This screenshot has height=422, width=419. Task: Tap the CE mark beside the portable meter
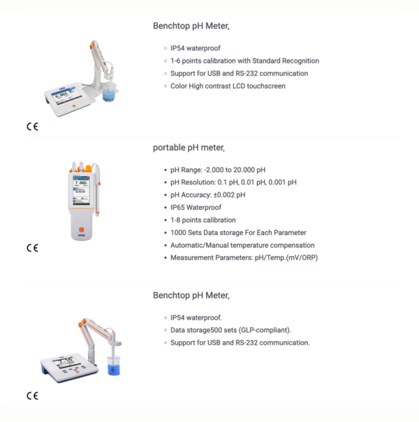coord(32,248)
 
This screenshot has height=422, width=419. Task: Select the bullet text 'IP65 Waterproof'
coord(196,207)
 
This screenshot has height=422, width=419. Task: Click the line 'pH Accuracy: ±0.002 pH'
coord(207,195)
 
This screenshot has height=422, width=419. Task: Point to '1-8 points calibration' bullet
coord(203,220)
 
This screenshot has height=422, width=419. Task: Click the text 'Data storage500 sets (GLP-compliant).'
coord(230,330)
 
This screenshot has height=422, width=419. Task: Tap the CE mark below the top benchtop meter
coord(32,126)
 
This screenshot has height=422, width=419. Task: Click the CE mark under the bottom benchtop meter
coord(32,395)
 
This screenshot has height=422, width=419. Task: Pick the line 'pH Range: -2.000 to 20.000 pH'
coord(218,169)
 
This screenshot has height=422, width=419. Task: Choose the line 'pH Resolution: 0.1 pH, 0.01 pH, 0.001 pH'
coord(233,182)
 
